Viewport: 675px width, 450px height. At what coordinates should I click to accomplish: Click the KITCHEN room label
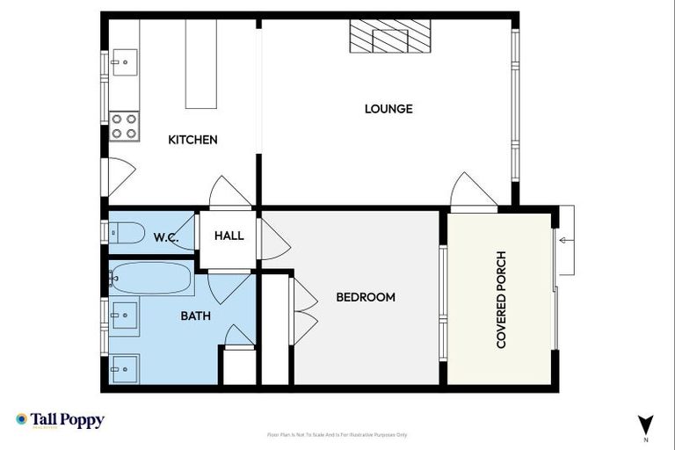tap(192, 140)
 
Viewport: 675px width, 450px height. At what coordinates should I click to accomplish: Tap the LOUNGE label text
tap(388, 109)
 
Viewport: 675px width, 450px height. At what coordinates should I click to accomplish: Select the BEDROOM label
tap(366, 297)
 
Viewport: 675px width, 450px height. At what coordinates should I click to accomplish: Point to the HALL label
tap(229, 236)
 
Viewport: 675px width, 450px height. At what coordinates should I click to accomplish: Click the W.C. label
tap(166, 236)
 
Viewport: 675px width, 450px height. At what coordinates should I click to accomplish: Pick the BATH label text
tap(195, 316)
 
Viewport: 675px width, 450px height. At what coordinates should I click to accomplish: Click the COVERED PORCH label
tap(502, 297)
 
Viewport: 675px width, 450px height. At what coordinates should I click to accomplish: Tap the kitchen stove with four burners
tap(124, 126)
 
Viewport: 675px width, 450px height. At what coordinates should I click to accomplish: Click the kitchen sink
tap(123, 62)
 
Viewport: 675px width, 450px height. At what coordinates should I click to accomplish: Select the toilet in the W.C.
tap(127, 233)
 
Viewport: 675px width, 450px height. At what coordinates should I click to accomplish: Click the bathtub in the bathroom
tap(150, 279)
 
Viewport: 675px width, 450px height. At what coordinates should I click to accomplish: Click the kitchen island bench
tap(201, 64)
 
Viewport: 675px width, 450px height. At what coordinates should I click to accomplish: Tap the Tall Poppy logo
tap(60, 420)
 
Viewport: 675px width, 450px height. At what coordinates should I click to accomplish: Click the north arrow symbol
tap(646, 423)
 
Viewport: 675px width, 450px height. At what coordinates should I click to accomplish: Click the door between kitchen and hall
tap(230, 192)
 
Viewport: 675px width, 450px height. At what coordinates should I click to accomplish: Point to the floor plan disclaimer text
tap(337, 435)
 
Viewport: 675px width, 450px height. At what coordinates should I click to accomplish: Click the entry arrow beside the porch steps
tap(566, 238)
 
